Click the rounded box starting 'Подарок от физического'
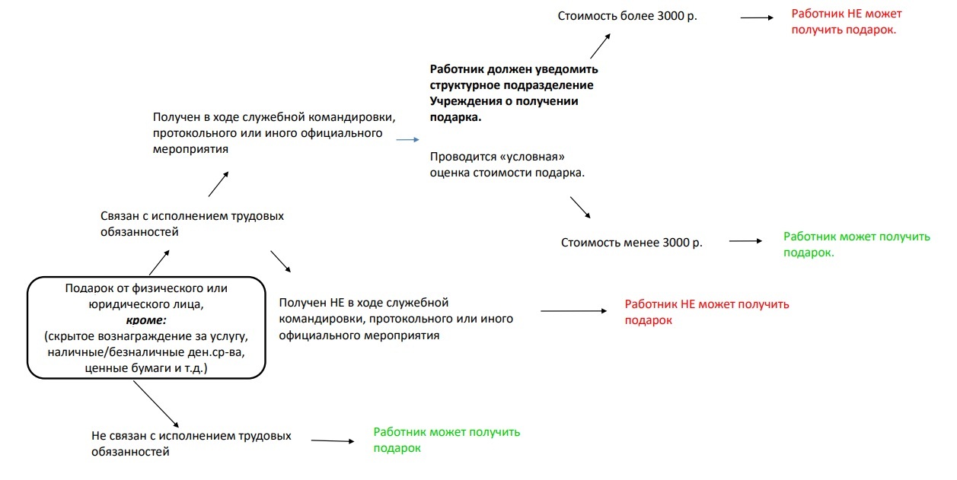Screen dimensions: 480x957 (x=146, y=328)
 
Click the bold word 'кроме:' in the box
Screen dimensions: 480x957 (x=146, y=320)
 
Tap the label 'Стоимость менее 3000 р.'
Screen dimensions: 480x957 (x=631, y=243)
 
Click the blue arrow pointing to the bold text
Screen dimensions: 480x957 (x=407, y=140)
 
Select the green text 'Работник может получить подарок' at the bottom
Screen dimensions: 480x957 (x=446, y=440)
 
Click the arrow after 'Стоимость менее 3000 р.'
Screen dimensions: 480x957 (x=745, y=241)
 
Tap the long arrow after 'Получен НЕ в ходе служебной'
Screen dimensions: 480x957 (x=573, y=310)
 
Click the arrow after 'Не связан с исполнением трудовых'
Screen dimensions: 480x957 (x=333, y=440)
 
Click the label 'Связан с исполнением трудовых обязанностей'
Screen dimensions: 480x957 (x=192, y=224)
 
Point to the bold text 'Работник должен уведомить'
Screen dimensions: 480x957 (x=513, y=68)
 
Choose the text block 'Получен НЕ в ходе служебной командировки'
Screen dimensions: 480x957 (x=396, y=319)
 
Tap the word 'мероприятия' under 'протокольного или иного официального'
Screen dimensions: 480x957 (x=190, y=149)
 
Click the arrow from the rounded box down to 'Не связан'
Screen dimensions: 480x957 (x=156, y=403)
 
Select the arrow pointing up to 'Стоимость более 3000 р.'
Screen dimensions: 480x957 (x=600, y=47)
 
